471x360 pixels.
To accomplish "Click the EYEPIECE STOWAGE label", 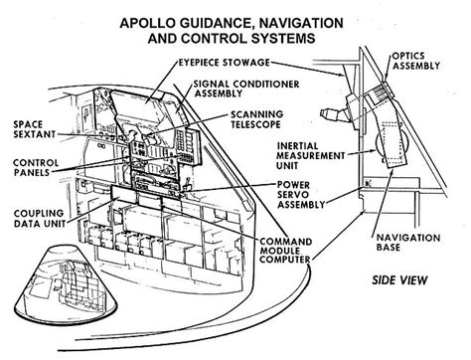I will [222, 62].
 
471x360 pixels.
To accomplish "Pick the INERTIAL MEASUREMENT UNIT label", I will [300, 161].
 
